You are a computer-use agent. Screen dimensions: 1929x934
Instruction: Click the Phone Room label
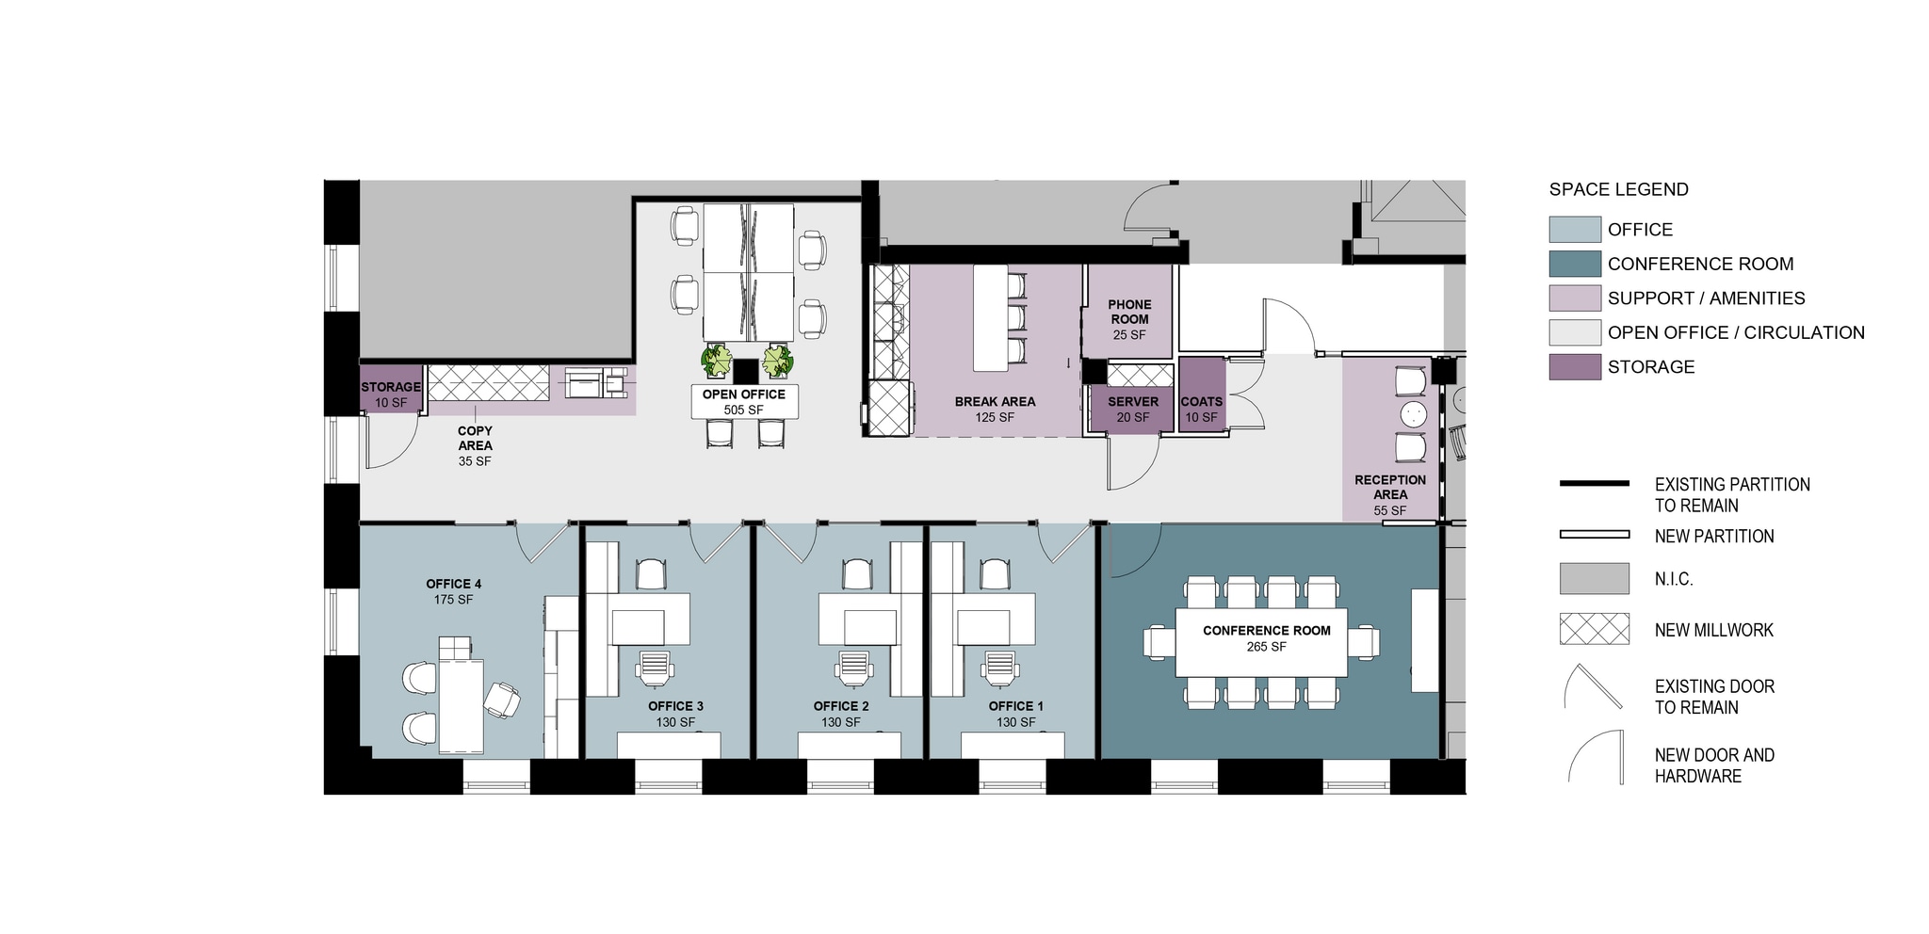coord(1129,319)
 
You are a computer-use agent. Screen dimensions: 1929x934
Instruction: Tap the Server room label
coord(1133,409)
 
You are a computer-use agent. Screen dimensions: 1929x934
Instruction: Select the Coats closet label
coord(1201,409)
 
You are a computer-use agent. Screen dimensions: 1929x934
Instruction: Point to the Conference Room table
coord(1261,642)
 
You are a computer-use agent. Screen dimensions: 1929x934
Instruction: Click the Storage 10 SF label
coord(391,395)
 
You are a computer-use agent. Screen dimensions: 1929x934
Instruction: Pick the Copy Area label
coord(475,445)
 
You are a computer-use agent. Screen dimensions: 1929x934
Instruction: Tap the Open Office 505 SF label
coord(744,402)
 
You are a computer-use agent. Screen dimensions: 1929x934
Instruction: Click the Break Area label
coord(995,409)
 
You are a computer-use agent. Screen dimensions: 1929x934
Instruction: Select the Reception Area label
coord(1390,494)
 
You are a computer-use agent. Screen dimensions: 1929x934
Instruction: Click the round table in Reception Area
coord(1414,414)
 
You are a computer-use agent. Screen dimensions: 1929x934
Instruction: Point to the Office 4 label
coord(453,591)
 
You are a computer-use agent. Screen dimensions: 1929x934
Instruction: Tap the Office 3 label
coord(675,714)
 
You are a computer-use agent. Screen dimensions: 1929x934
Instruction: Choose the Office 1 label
coord(1016,714)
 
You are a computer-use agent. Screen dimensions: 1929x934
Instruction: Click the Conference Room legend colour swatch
coord(1575,264)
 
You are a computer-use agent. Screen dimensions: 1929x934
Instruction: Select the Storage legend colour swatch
coord(1575,367)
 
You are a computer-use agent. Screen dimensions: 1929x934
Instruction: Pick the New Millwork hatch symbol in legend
coord(1595,629)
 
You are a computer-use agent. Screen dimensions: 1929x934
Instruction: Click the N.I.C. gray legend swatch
coord(1595,578)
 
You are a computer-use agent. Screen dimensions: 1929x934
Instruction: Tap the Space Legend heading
coord(1618,189)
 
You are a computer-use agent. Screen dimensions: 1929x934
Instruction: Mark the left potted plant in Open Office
coord(717,361)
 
